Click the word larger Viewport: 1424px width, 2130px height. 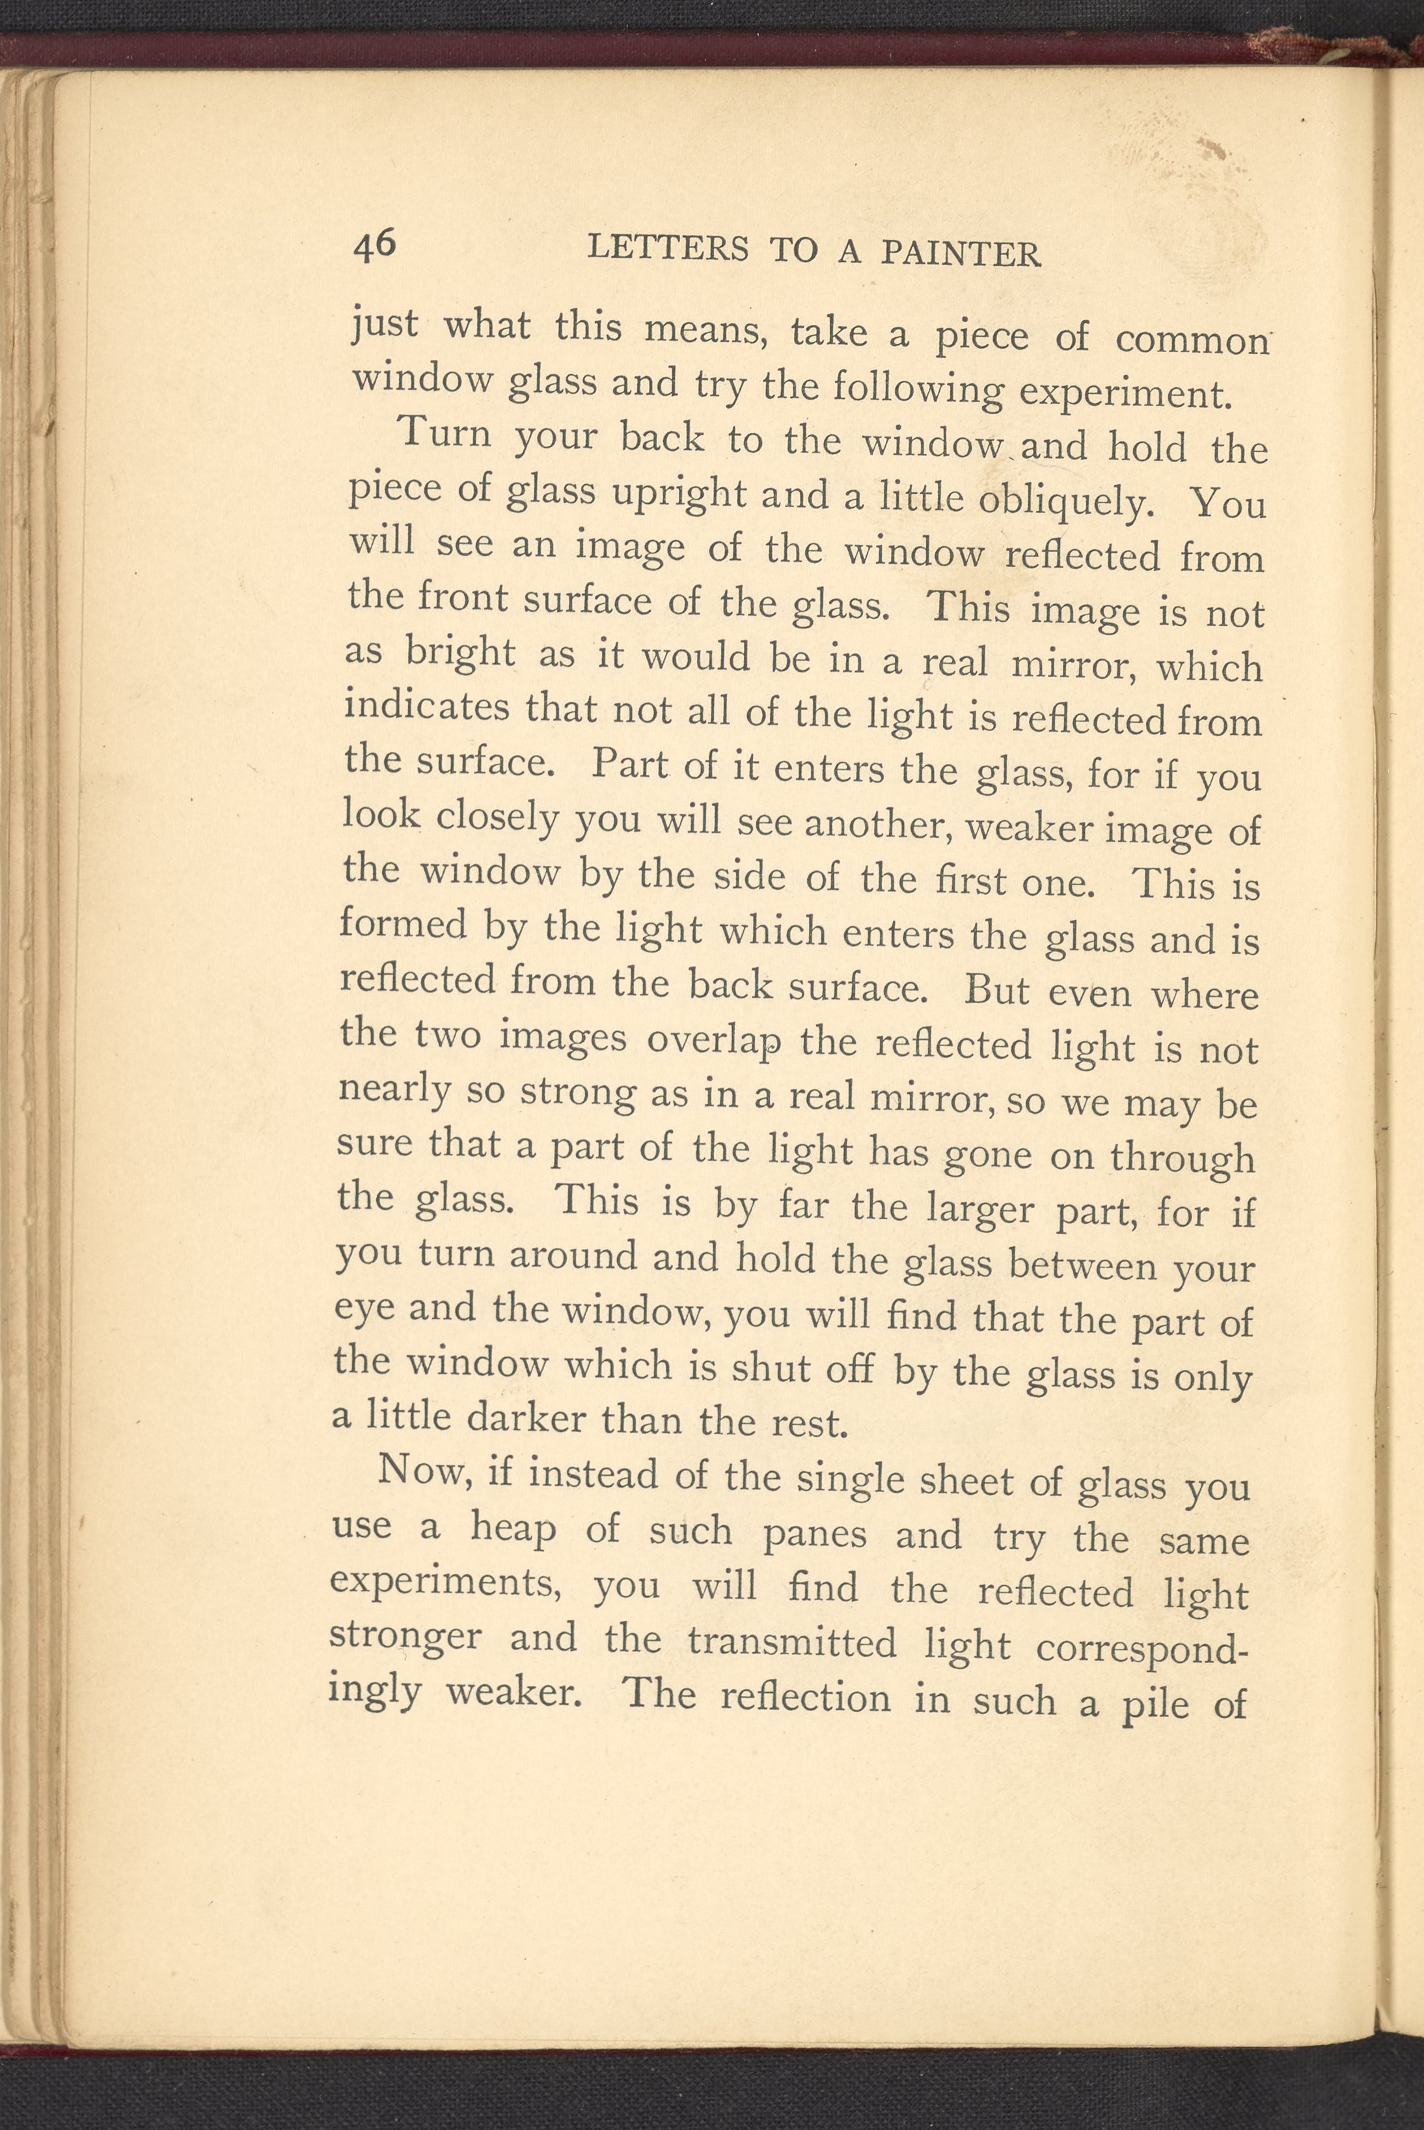pyautogui.click(x=977, y=1210)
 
